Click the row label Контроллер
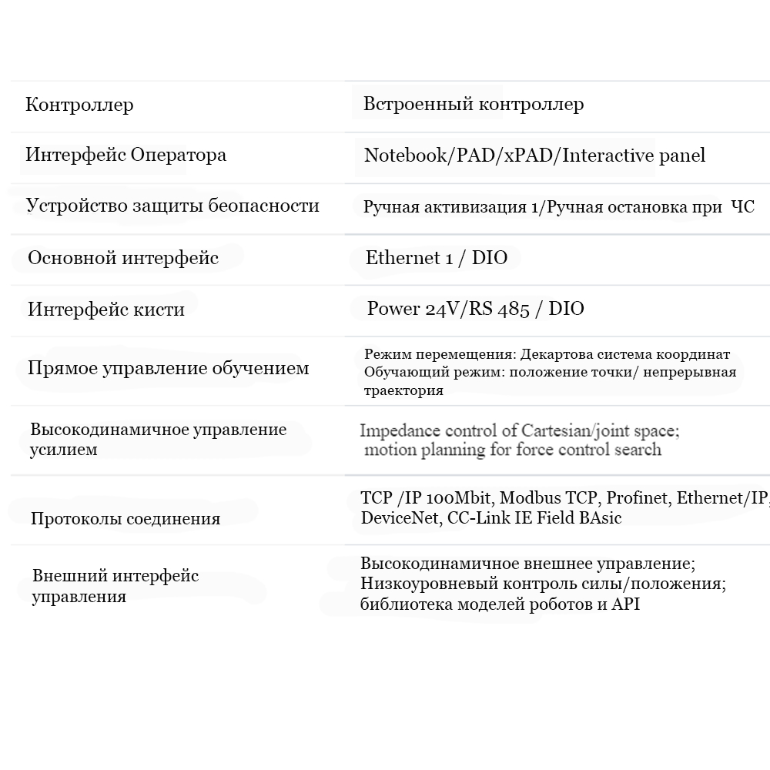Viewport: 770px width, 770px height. [79, 105]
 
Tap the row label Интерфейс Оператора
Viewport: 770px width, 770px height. [126, 155]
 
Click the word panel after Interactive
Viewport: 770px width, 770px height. [681, 156]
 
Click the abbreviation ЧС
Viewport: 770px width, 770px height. [742, 207]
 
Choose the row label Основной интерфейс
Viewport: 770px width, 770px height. [123, 258]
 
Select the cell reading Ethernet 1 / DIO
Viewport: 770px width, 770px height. [437, 258]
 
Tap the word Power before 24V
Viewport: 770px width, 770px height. [393, 309]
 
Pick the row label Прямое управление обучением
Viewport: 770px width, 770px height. [168, 368]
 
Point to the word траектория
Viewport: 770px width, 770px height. [403, 390]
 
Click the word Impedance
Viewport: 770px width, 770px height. [399, 430]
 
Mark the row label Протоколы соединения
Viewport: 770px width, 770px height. [126, 519]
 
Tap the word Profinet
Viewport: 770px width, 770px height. [637, 498]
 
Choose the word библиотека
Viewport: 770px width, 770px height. [406, 604]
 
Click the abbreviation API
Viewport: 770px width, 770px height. [625, 604]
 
